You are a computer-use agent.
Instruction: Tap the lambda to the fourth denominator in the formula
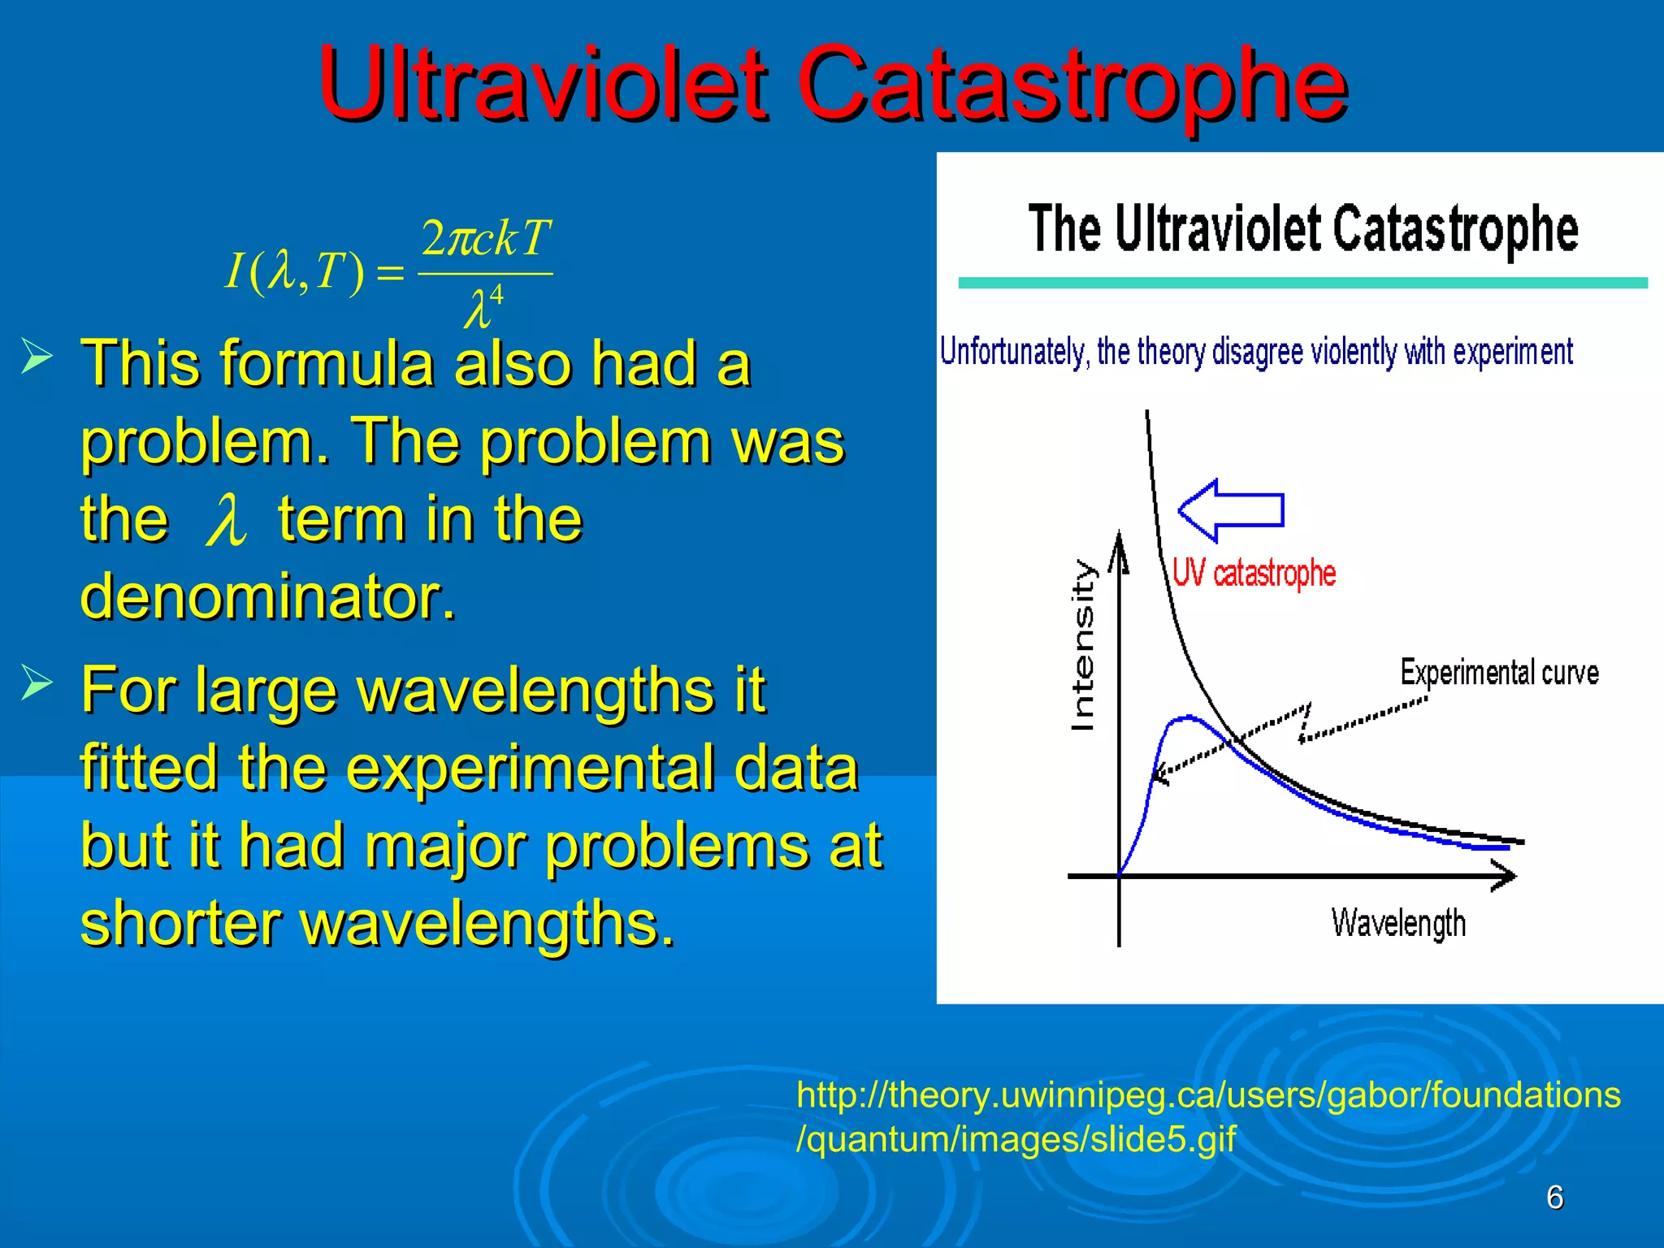pyautogui.click(x=483, y=307)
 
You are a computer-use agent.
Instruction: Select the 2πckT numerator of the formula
pyautogui.click(x=486, y=239)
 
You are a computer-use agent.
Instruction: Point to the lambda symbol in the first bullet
pyautogui.click(x=225, y=521)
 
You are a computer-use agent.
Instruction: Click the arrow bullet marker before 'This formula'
pyautogui.click(x=37, y=357)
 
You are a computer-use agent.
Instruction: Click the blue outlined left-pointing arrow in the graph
pyautogui.click(x=1230, y=510)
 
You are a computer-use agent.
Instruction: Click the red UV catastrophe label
pyautogui.click(x=1254, y=574)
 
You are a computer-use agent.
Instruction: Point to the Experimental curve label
pyautogui.click(x=1499, y=673)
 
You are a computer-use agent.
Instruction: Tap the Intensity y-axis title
pyautogui.click(x=1083, y=645)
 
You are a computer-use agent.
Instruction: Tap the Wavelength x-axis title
pyautogui.click(x=1398, y=924)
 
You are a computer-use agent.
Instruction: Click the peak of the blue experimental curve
pyautogui.click(x=1188, y=717)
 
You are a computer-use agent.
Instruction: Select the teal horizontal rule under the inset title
pyautogui.click(x=1302, y=283)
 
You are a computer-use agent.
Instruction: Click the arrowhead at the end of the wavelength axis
pyautogui.click(x=1505, y=876)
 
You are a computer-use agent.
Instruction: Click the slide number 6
pyautogui.click(x=1554, y=1197)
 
